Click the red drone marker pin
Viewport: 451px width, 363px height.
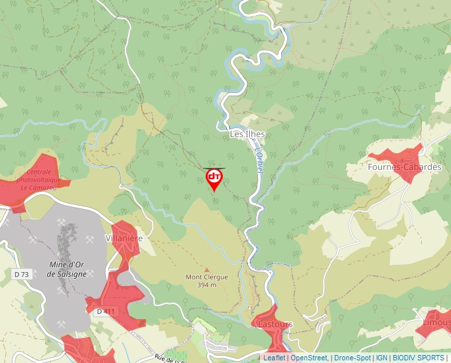(x=214, y=178)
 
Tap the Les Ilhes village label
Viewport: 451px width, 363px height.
(x=247, y=134)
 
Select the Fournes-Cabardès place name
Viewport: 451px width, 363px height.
(x=404, y=167)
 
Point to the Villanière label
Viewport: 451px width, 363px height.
(x=124, y=238)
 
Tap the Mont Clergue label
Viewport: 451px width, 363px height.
(x=206, y=277)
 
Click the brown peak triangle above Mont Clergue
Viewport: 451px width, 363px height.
(x=206, y=269)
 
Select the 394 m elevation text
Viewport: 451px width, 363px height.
(x=207, y=285)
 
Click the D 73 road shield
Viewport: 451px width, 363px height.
(x=21, y=274)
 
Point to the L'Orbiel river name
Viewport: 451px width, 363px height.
(x=259, y=161)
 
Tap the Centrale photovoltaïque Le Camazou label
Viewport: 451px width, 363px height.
(x=38, y=180)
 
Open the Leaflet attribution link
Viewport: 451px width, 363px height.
(x=274, y=358)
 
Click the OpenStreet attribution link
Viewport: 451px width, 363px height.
(x=309, y=358)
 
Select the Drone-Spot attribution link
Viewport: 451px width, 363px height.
(x=352, y=358)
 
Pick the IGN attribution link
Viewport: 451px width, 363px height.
(x=381, y=358)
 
